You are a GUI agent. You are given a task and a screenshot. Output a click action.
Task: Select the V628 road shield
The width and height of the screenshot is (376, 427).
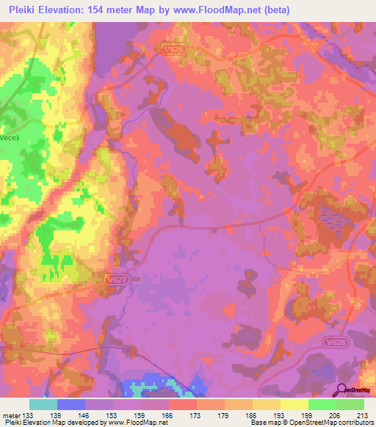click(x=355, y=342)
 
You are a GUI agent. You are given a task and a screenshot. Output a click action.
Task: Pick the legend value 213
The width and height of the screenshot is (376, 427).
click(x=361, y=415)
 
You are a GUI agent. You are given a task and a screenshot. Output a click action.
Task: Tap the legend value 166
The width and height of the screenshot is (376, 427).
click(x=167, y=415)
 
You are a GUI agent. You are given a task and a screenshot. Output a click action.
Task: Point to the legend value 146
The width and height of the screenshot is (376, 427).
click(x=84, y=415)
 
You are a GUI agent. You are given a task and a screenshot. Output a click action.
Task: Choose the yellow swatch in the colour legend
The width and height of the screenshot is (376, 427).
click(x=294, y=404)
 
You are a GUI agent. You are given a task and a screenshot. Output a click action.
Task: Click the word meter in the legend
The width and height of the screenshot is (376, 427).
click(x=11, y=415)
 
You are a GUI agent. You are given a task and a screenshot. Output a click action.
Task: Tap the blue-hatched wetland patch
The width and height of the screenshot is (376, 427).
click(x=328, y=218)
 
